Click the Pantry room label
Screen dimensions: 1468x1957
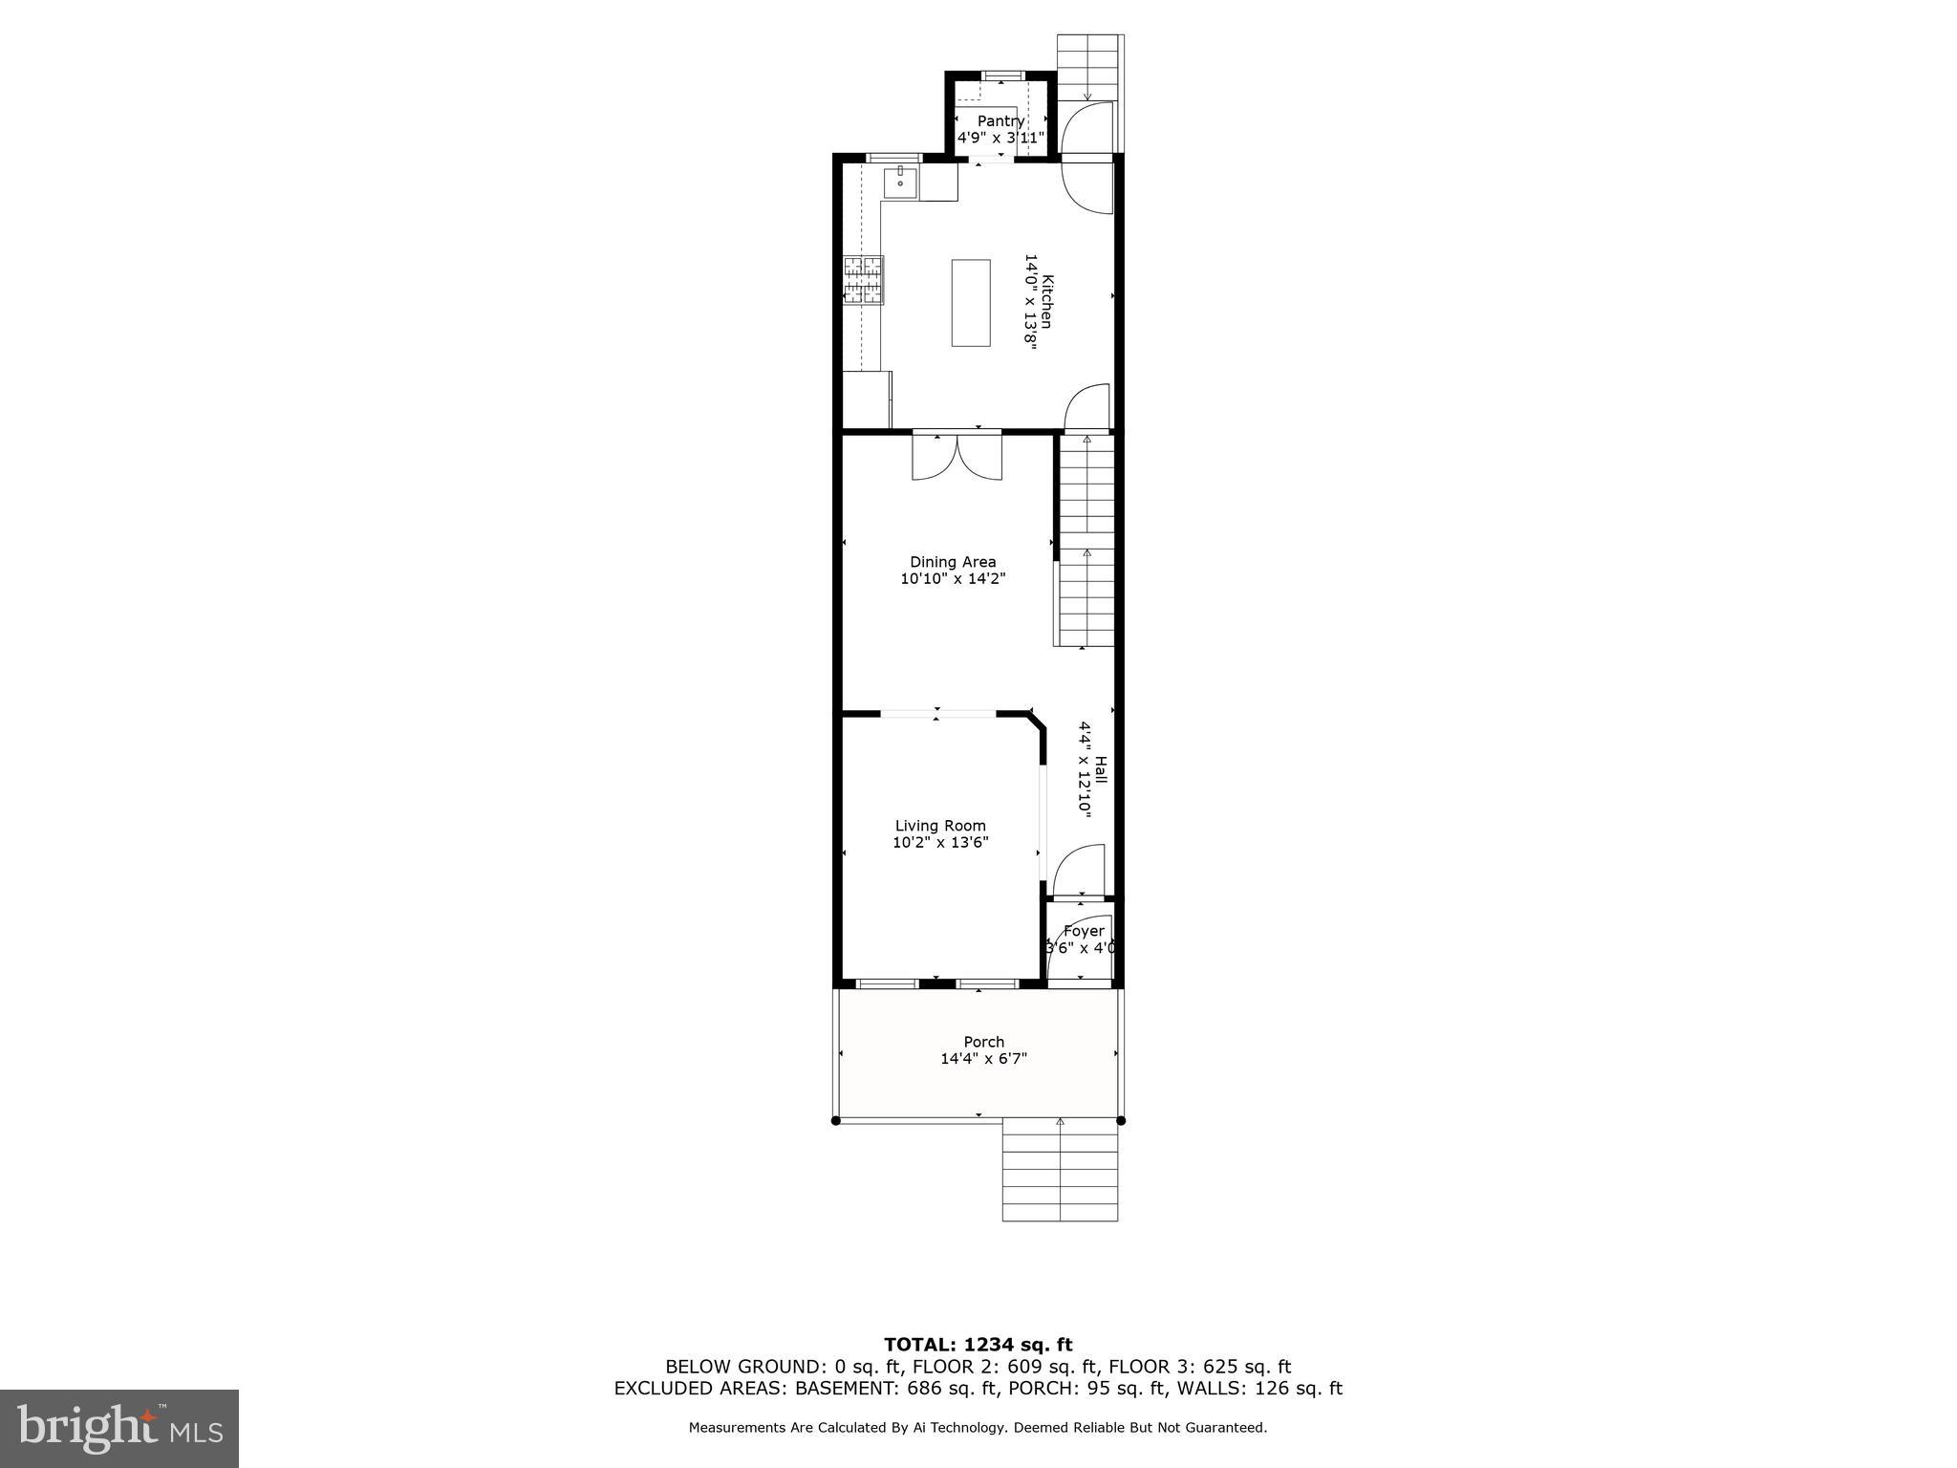coord(1000,121)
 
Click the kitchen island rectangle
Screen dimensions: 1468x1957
coord(971,302)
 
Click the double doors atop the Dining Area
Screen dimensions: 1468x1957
coord(957,457)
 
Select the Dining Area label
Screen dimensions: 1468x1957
coord(953,562)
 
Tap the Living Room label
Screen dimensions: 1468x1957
coord(940,826)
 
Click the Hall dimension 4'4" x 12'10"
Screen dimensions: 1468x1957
coord(1085,767)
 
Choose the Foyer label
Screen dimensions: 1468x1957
coord(1084,931)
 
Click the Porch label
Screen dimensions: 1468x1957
coord(983,1042)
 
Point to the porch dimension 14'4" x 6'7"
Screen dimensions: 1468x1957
coord(983,1059)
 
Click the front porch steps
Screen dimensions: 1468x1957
coord(1060,1171)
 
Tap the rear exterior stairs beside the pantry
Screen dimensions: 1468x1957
coord(1088,67)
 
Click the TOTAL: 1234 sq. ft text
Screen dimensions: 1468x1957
coord(978,1346)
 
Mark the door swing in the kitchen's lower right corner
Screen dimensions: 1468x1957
coord(1088,406)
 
